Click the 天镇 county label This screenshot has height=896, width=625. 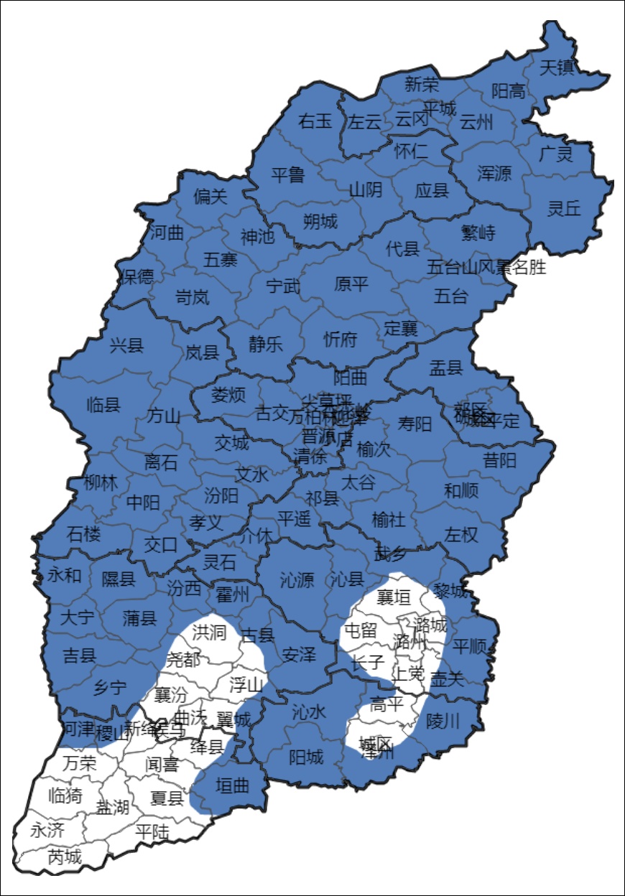point(557,68)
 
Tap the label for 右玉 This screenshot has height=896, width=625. point(315,121)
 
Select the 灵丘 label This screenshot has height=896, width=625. point(564,208)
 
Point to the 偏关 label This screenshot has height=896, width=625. point(210,196)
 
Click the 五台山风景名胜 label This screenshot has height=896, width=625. point(486,268)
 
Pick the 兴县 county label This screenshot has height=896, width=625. point(127,345)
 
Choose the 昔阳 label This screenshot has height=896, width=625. point(499,460)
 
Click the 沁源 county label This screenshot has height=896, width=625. point(297,580)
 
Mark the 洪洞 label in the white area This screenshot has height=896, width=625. point(209,632)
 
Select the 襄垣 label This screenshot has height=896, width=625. point(394,597)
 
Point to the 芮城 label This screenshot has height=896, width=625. point(65,857)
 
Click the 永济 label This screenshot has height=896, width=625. point(47,831)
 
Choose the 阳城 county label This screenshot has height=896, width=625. point(306,757)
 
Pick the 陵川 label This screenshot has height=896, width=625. point(443,720)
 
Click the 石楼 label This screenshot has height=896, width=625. point(84,533)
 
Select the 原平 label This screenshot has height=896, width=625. point(351,284)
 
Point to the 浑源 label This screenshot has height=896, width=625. point(494,173)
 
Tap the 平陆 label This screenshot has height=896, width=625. point(153,831)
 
